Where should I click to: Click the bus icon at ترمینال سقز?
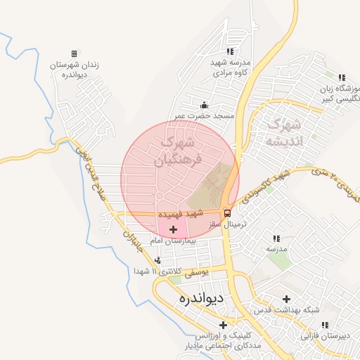pyautogui.click(x=227, y=212)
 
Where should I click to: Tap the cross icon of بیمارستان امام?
pyautogui.click(x=173, y=230)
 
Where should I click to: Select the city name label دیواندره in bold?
pyautogui.click(x=201, y=298)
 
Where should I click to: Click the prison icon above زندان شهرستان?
pyautogui.click(x=74, y=53)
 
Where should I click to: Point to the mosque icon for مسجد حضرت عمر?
pyautogui.click(x=205, y=105)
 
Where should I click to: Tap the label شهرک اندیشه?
pyautogui.click(x=283, y=134)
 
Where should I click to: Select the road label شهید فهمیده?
pyautogui.click(x=181, y=212)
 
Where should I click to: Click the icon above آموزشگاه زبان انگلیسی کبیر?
pyautogui.click(x=342, y=77)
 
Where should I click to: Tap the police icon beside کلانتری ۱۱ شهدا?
pyautogui.click(x=157, y=260)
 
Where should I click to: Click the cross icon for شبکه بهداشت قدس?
pyautogui.click(x=286, y=300)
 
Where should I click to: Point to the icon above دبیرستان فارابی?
pyautogui.click(x=325, y=325)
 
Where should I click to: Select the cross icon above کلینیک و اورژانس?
pyautogui.click(x=224, y=325)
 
